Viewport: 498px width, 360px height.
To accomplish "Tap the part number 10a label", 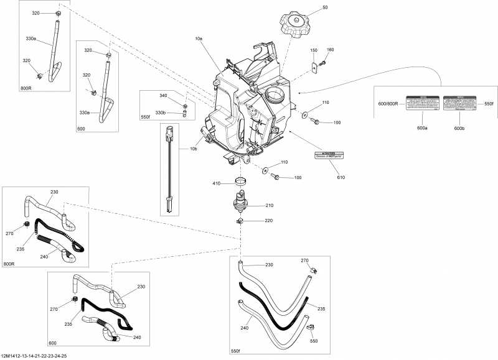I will (x=199, y=39).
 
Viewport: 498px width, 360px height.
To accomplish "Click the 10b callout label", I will (x=193, y=149).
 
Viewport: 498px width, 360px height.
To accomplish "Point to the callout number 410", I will (x=217, y=183).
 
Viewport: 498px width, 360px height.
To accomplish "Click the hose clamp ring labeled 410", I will (x=242, y=183).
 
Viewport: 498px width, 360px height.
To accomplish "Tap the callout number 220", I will (x=269, y=221).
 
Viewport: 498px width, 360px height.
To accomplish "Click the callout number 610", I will (x=340, y=178).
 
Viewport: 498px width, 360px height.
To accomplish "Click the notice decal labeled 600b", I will (x=459, y=104).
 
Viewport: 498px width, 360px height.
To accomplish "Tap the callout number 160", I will (x=331, y=49).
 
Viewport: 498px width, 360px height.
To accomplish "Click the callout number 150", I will (x=314, y=49).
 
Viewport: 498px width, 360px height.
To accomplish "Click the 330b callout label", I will (x=161, y=113).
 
